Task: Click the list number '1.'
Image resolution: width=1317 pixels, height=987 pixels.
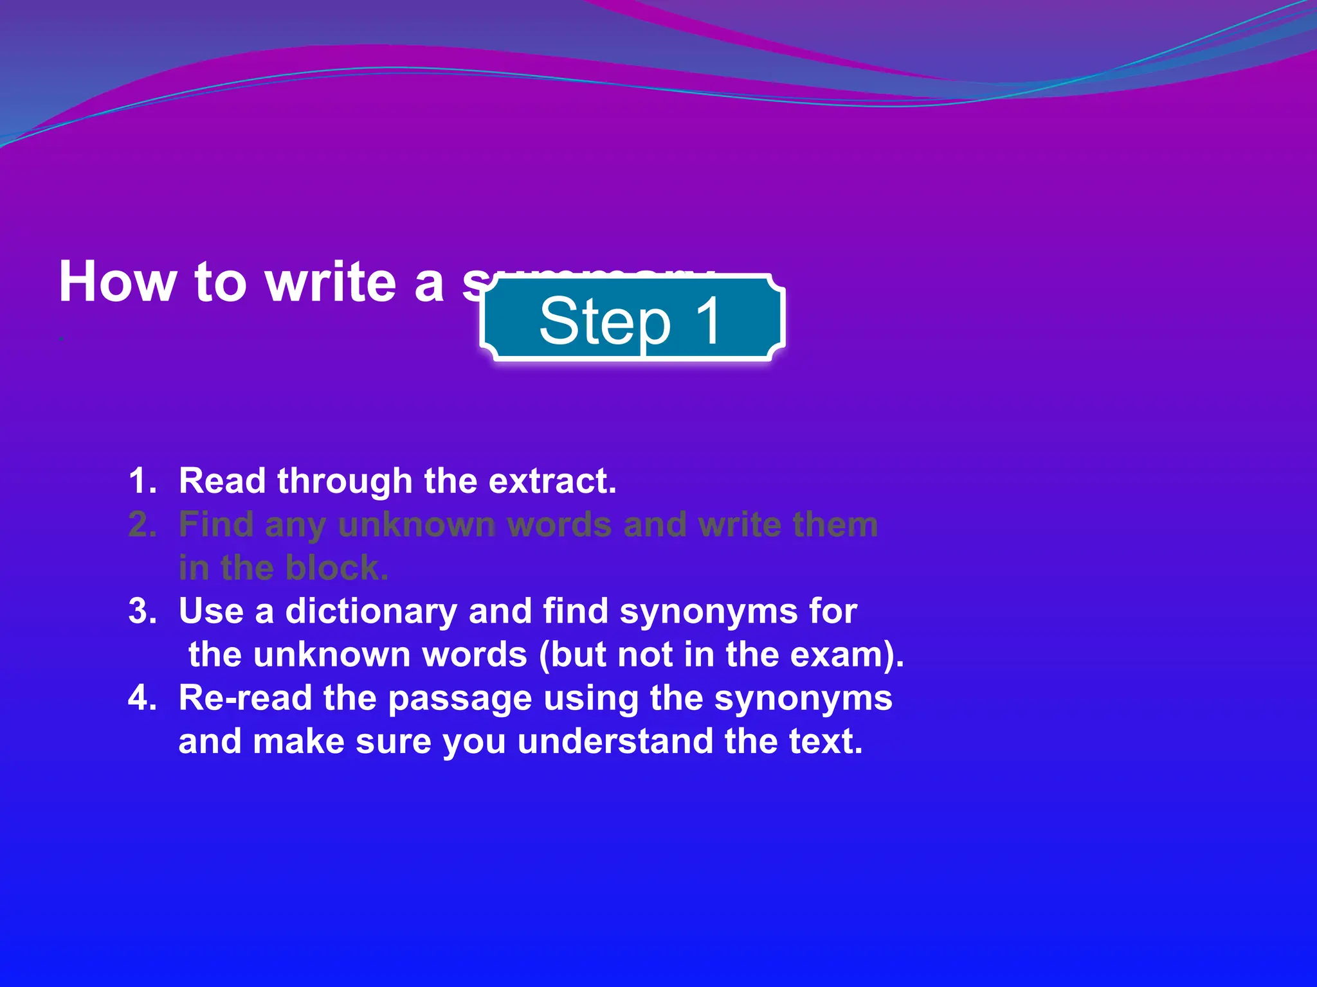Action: tap(143, 481)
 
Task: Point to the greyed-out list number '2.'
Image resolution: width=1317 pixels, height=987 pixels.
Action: tap(143, 524)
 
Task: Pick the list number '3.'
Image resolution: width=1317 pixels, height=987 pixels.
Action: tap(143, 610)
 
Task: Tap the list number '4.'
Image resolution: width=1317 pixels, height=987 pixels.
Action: tap(143, 698)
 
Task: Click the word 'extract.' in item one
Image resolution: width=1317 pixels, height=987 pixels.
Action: tap(552, 481)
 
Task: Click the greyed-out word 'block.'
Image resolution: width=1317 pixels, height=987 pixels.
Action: tap(336, 568)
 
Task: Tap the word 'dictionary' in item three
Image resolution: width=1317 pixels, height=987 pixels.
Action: tap(370, 610)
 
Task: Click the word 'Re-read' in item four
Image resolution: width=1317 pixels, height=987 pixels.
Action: tap(245, 698)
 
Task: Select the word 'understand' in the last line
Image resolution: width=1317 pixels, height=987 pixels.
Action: tap(615, 742)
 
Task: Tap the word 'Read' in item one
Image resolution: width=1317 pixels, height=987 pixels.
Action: tap(222, 481)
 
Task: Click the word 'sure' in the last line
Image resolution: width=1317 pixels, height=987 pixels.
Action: tap(393, 742)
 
